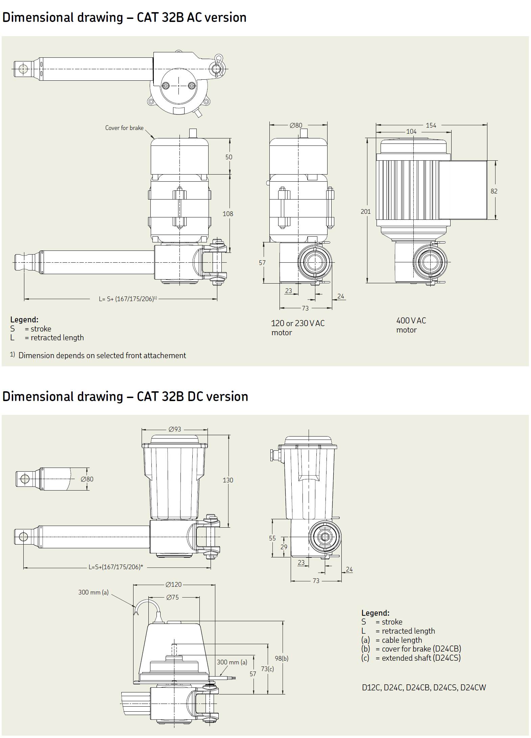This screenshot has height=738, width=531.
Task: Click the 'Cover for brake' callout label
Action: pyautogui.click(x=124, y=128)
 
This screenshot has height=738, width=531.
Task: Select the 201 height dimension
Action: pyautogui.click(x=366, y=212)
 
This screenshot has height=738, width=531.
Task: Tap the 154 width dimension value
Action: pyautogui.click(x=431, y=126)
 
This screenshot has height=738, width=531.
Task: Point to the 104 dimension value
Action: pyautogui.click(x=411, y=132)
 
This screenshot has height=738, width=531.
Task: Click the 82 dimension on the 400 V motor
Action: pyautogui.click(x=494, y=191)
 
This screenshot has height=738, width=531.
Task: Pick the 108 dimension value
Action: pyautogui.click(x=228, y=214)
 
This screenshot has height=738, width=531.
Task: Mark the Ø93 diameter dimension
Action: pyautogui.click(x=175, y=429)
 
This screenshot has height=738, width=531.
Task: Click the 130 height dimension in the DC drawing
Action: pyautogui.click(x=228, y=480)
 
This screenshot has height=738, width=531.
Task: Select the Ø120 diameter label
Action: pyautogui.click(x=174, y=584)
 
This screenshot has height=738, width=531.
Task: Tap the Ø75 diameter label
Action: pyautogui.click(x=172, y=597)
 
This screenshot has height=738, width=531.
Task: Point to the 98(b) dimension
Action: pyautogui.click(x=282, y=658)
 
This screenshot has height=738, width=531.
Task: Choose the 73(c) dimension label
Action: pyautogui.click(x=267, y=669)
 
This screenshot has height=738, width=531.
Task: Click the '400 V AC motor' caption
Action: pyautogui.click(x=411, y=325)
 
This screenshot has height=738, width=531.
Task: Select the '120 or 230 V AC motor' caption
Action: pyautogui.click(x=297, y=328)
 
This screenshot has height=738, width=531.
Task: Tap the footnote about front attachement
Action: pyautogui.click(x=102, y=355)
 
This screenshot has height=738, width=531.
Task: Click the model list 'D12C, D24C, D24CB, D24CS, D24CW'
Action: pyautogui.click(x=424, y=688)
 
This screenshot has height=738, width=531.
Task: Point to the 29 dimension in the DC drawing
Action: pyautogui.click(x=284, y=547)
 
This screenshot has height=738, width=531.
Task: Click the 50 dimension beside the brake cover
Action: pyautogui.click(x=229, y=157)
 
